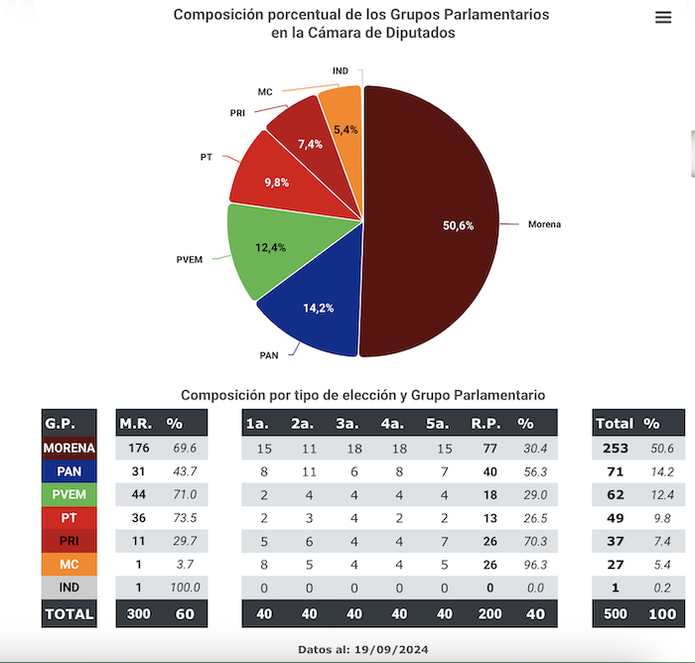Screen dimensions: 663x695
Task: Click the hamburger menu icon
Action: pyautogui.click(x=663, y=18)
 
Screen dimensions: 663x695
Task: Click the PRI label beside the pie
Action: pyautogui.click(x=237, y=113)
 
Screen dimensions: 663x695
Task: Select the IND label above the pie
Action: pyautogui.click(x=341, y=70)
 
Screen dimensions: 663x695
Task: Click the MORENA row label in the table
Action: pyautogui.click(x=69, y=449)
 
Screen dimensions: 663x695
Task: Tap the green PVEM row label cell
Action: pyautogui.click(x=69, y=494)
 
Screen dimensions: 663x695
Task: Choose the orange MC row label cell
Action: pyautogui.click(x=69, y=564)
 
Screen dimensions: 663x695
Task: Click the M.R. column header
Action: pyautogui.click(x=135, y=423)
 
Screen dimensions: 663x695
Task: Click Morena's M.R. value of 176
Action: pyautogui.click(x=138, y=449)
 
